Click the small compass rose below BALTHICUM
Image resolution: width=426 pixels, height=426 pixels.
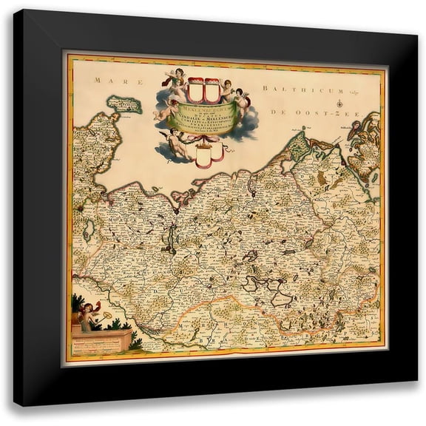click(x=337, y=101)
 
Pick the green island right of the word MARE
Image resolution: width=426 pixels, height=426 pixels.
click(x=124, y=104)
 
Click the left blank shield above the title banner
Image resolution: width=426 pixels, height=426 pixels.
click(x=195, y=89)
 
